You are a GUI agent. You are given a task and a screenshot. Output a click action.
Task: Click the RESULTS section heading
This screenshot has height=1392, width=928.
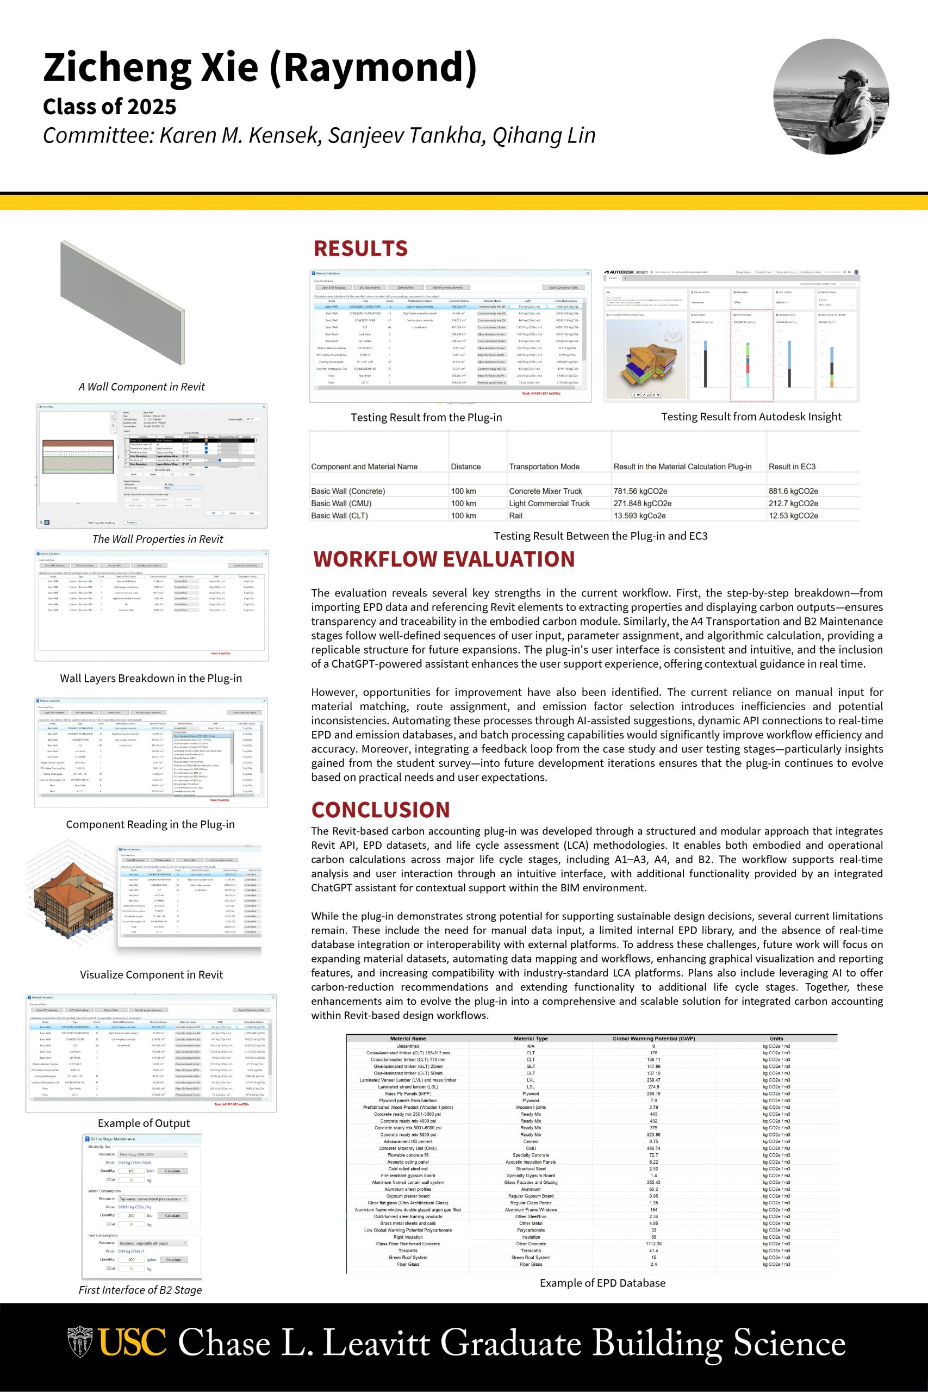tap(360, 248)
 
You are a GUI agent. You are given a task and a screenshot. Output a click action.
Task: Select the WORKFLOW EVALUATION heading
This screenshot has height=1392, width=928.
tap(444, 560)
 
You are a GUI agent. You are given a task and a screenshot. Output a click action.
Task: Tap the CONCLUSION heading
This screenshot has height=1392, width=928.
tap(381, 810)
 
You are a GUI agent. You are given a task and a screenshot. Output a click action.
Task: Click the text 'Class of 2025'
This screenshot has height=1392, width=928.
tap(109, 107)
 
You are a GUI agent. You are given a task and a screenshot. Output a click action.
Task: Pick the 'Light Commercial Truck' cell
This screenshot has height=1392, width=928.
tap(549, 504)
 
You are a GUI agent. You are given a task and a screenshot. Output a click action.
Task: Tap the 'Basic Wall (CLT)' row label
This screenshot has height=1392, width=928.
tap(339, 515)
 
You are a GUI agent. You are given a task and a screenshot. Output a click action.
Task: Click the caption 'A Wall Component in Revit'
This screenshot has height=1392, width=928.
tap(141, 387)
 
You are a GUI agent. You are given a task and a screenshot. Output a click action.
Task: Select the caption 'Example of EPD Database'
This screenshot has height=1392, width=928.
tap(602, 1283)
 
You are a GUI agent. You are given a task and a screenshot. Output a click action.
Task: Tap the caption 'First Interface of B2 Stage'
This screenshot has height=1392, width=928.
tap(140, 1290)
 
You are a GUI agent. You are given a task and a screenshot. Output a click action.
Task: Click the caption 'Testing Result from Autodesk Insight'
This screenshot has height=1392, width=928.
tap(751, 417)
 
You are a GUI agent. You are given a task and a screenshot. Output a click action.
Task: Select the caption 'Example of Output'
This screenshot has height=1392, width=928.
tap(144, 1123)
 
